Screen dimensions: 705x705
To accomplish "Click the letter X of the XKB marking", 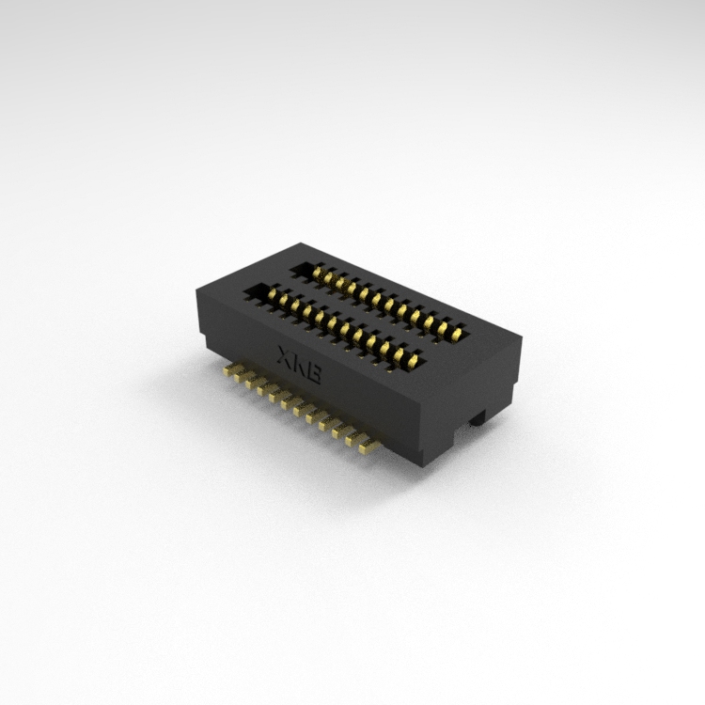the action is [286, 355].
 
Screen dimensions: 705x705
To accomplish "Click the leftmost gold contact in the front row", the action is [273, 294].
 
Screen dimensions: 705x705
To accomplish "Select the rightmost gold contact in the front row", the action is [413, 360].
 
